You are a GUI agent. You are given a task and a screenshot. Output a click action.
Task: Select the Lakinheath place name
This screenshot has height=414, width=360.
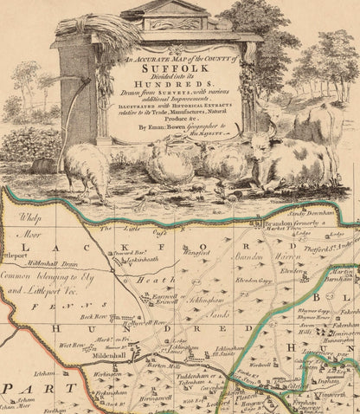point(136,260)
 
